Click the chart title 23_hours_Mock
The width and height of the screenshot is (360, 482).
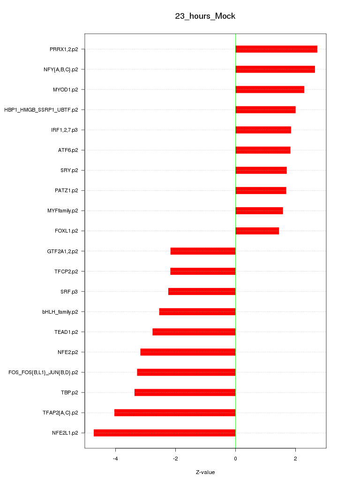click(x=205, y=16)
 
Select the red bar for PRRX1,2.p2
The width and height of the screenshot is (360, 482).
click(x=276, y=49)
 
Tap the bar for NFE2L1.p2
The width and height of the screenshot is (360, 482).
click(x=165, y=433)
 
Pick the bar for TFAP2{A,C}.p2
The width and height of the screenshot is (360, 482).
click(x=175, y=413)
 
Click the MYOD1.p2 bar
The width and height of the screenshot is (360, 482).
click(x=270, y=90)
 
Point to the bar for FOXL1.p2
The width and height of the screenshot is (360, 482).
click(x=257, y=231)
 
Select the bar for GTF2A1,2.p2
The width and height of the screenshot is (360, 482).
click(x=203, y=251)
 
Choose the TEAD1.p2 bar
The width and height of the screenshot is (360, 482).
click(x=194, y=332)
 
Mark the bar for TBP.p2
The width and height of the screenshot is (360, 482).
click(x=185, y=392)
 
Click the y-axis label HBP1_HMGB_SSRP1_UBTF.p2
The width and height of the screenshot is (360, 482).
click(x=41, y=110)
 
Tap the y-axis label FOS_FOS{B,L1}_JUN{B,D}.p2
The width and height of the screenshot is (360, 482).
click(x=43, y=372)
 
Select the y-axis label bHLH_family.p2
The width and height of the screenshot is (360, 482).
click(x=60, y=312)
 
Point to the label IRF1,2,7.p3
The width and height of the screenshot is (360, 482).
click(x=65, y=130)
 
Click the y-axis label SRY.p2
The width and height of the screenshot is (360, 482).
click(x=69, y=170)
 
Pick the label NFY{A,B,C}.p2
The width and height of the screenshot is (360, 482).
click(x=61, y=69)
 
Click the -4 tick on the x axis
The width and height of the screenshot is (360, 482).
click(x=115, y=459)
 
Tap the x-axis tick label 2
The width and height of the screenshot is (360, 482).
click(x=295, y=459)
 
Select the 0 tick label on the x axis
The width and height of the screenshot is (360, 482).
click(x=235, y=459)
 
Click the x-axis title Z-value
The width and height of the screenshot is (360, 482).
click(x=205, y=472)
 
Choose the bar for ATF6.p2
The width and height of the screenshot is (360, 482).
click(x=262, y=150)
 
